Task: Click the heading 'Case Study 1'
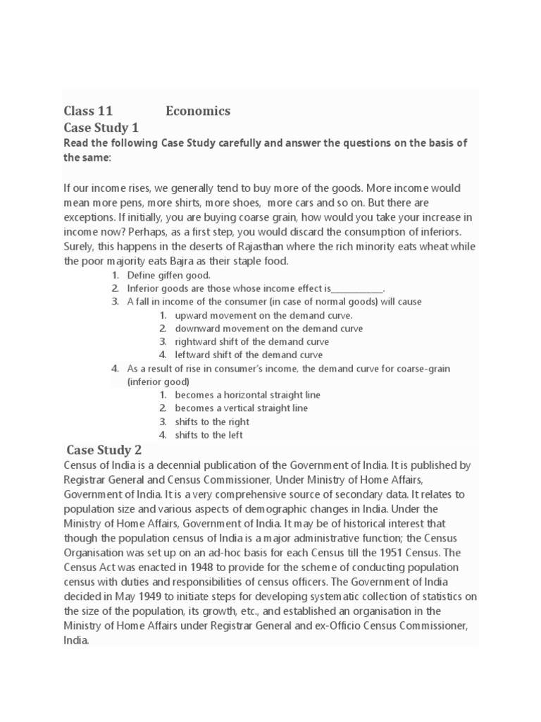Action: pyautogui.click(x=101, y=128)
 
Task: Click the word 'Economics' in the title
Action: pyautogui.click(x=198, y=111)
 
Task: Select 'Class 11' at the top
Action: pyautogui.click(x=88, y=111)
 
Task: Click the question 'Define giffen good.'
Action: pyautogui.click(x=168, y=275)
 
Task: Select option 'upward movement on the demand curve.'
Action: pyautogui.click(x=263, y=315)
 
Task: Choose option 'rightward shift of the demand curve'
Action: pyautogui.click(x=251, y=342)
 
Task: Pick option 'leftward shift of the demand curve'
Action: pyautogui.click(x=249, y=355)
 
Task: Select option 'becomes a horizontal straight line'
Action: pyautogui.click(x=247, y=395)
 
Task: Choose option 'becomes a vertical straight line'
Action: pyautogui.click(x=241, y=408)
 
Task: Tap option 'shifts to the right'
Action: pyautogui.click(x=211, y=422)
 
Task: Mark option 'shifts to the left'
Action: pyautogui.click(x=209, y=435)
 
